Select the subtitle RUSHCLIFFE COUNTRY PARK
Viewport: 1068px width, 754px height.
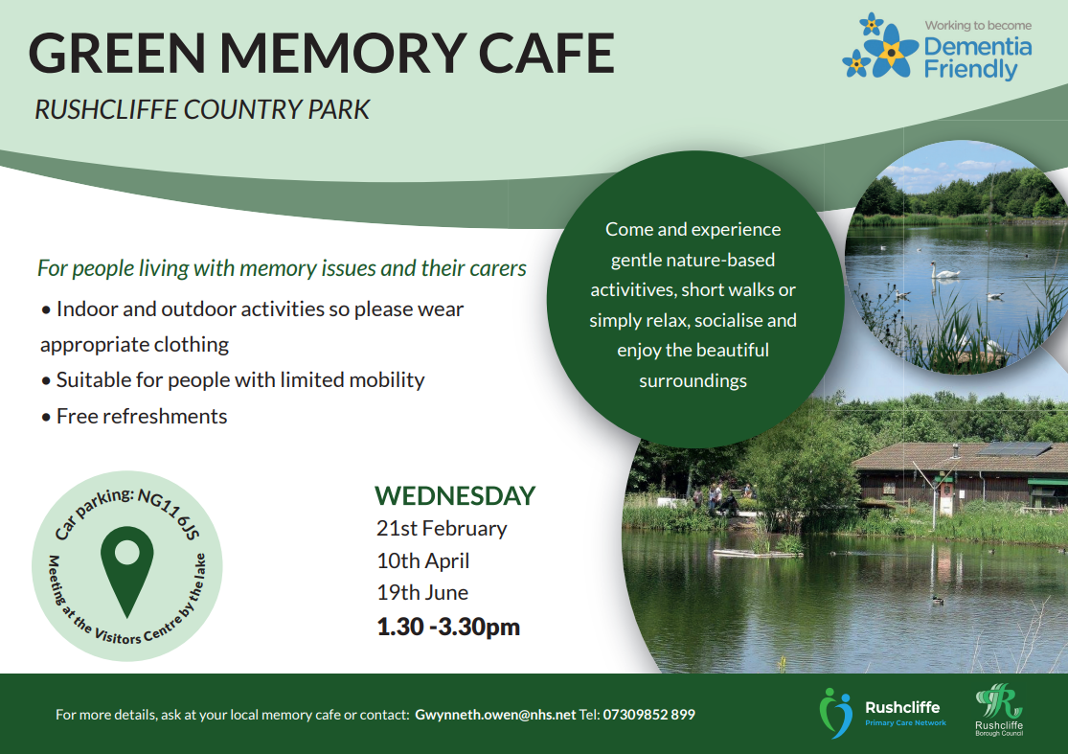click(201, 109)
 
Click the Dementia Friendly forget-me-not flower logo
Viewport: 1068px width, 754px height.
click(879, 48)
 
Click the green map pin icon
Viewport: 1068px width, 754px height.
click(126, 573)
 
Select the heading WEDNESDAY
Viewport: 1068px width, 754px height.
click(454, 495)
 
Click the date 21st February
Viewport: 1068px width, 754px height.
click(442, 528)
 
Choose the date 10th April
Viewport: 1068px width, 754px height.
click(422, 560)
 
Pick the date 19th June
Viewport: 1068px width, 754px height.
click(421, 592)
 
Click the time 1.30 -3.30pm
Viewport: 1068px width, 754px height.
click(447, 627)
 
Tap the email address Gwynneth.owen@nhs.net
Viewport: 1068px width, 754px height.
click(495, 715)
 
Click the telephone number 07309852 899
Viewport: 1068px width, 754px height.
click(648, 715)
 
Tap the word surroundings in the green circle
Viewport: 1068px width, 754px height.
click(693, 380)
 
